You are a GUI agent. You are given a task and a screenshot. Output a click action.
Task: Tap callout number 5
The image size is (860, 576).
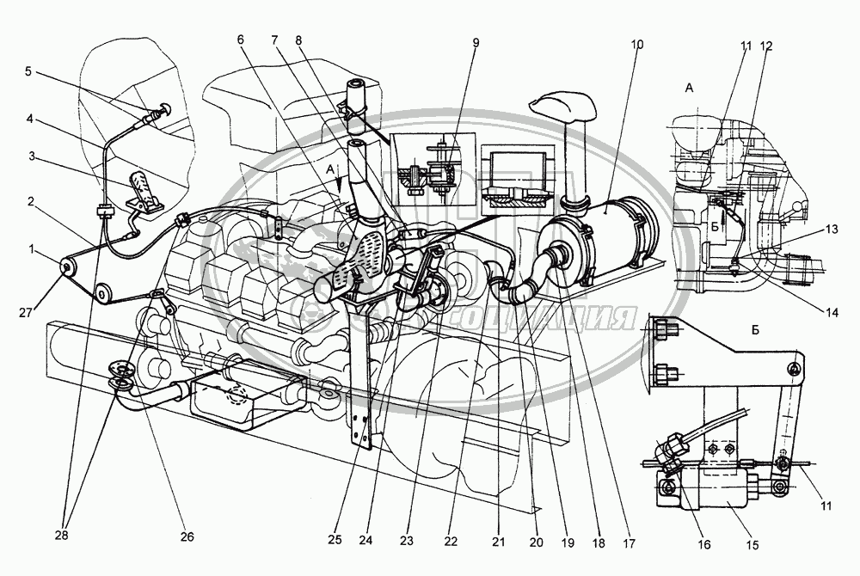[x=28, y=72]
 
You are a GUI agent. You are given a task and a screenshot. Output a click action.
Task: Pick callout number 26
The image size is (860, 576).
[x=187, y=537]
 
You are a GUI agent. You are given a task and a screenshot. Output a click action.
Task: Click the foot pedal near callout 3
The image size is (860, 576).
[x=144, y=191]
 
